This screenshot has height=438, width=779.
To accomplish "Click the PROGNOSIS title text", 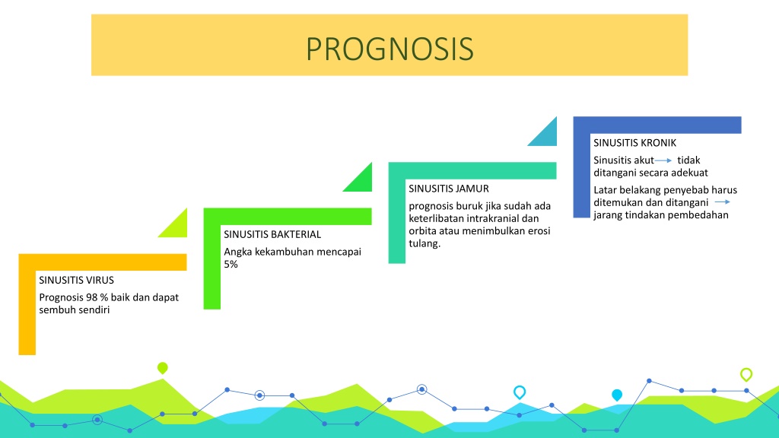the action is (389, 49).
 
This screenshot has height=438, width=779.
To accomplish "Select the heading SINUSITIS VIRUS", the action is (77, 280).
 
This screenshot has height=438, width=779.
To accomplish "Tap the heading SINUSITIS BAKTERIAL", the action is (272, 234).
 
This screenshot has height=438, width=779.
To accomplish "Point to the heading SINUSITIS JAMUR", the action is (449, 189).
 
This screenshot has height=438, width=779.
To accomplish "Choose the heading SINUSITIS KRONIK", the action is (635, 143).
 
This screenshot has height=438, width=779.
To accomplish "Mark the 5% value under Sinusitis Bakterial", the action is (231, 264).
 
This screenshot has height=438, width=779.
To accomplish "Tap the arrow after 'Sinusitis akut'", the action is (663, 160).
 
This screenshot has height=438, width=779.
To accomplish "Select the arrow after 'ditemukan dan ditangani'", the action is (723, 202).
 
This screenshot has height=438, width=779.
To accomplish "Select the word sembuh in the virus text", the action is (55, 310).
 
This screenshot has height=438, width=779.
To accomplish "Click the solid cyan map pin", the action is (617, 395).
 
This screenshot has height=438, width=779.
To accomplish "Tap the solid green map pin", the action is (163, 368).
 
